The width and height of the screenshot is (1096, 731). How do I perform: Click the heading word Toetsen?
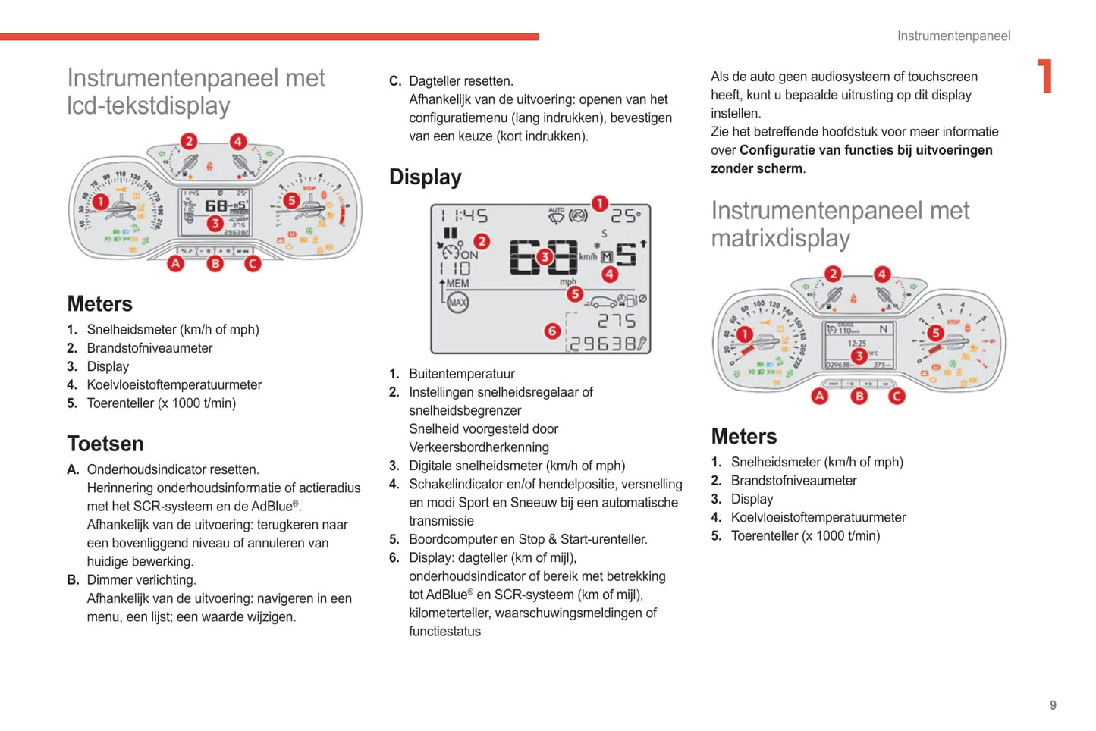[105, 444]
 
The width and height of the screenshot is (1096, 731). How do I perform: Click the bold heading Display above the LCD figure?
[425, 177]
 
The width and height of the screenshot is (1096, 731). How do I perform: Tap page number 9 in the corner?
[1053, 705]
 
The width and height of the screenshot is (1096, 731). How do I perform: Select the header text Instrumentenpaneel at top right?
[953, 36]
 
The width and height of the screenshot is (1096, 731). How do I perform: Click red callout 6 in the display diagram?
[552, 331]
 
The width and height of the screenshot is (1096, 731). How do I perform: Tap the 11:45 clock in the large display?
[464, 216]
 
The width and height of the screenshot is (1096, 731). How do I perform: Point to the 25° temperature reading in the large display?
[626, 216]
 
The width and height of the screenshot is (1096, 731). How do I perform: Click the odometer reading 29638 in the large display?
[603, 344]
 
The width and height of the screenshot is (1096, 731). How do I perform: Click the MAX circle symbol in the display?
[457, 303]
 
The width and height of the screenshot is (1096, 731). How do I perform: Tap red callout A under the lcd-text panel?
[176, 263]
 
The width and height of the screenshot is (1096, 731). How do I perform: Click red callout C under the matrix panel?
[897, 395]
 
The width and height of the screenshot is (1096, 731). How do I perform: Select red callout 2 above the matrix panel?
[833, 274]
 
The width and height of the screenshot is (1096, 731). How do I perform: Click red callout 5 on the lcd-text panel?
[291, 200]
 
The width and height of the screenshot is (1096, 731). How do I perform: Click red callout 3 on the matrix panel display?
[858, 356]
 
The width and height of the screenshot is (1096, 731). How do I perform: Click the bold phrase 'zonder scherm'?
[755, 168]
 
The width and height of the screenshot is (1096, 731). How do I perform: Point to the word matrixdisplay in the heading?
[780, 238]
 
